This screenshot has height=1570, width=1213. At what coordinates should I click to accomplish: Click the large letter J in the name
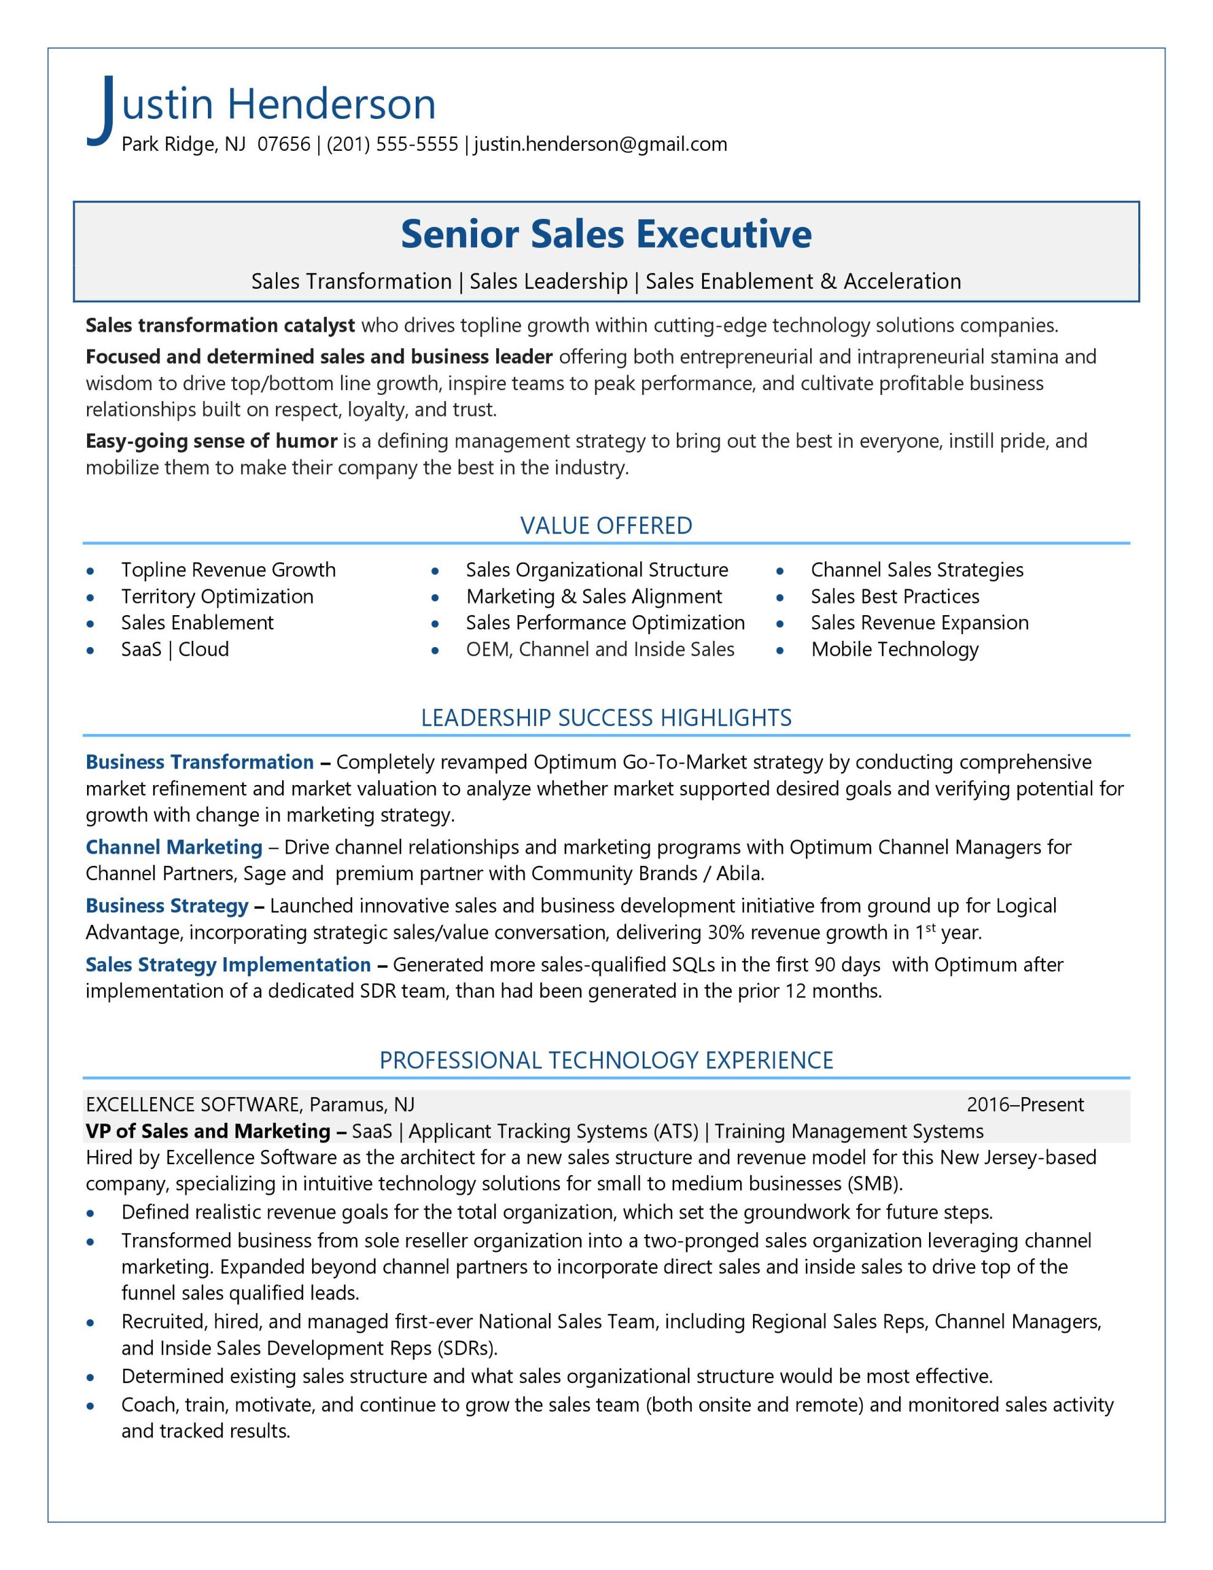click(x=103, y=109)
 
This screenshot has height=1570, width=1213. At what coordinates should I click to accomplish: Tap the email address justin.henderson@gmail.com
click(x=600, y=145)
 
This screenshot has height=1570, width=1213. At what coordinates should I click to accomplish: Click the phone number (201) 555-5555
click(x=392, y=145)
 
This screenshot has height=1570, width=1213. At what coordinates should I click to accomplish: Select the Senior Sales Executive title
click(x=606, y=234)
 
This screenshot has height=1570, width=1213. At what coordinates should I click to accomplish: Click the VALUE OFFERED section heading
click(x=606, y=526)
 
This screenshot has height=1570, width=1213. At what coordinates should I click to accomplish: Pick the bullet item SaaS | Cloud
click(x=175, y=649)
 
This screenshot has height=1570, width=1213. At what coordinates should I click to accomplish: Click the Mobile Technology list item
click(x=895, y=649)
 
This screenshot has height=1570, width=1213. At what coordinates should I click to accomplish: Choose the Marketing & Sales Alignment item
click(x=594, y=596)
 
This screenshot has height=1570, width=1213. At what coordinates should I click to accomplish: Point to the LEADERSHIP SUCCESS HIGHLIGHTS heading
click(x=606, y=718)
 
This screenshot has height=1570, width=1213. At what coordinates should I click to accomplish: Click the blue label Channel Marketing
click(x=174, y=847)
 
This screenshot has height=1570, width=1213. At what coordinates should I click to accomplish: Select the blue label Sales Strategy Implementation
click(x=228, y=964)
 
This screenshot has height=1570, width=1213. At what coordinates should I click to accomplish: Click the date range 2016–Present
click(x=1025, y=1104)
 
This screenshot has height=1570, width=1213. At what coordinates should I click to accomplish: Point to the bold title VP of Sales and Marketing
click(x=208, y=1131)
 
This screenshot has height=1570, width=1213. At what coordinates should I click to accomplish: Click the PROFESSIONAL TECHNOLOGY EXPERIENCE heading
click(x=606, y=1060)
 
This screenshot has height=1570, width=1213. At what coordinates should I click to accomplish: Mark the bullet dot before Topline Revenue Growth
click(x=90, y=571)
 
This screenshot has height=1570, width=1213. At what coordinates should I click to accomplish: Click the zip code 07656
click(x=283, y=145)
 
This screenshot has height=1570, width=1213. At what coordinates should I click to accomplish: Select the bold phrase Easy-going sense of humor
click(x=212, y=441)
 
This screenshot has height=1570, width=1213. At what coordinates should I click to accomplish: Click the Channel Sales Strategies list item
click(x=917, y=569)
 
